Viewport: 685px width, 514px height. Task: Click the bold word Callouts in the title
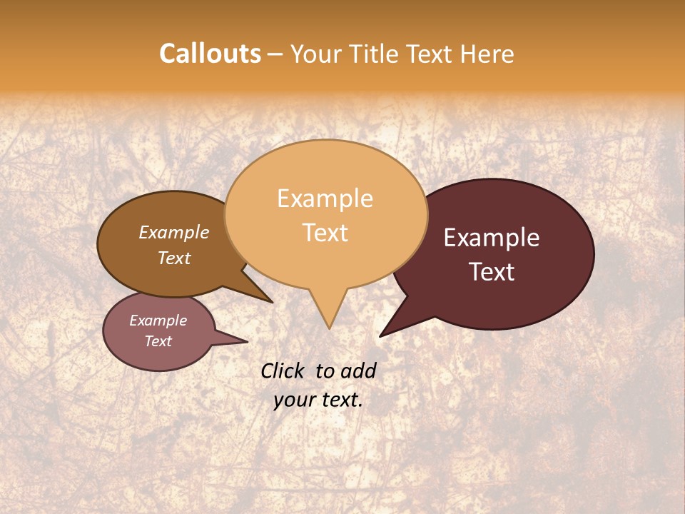click(210, 54)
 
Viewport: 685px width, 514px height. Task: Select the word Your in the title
click(315, 54)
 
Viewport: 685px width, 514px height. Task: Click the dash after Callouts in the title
click(275, 54)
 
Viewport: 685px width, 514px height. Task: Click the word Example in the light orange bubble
click(325, 198)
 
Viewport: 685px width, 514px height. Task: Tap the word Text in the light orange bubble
click(325, 233)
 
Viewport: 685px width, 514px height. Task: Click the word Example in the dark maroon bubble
click(492, 238)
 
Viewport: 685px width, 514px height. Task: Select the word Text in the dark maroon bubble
click(492, 272)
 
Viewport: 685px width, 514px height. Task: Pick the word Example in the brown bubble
click(173, 233)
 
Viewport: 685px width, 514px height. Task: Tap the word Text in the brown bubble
click(174, 258)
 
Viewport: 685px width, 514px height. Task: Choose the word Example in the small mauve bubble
click(158, 321)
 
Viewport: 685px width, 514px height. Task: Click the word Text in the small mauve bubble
click(158, 341)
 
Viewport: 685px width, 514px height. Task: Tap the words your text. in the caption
click(318, 400)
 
